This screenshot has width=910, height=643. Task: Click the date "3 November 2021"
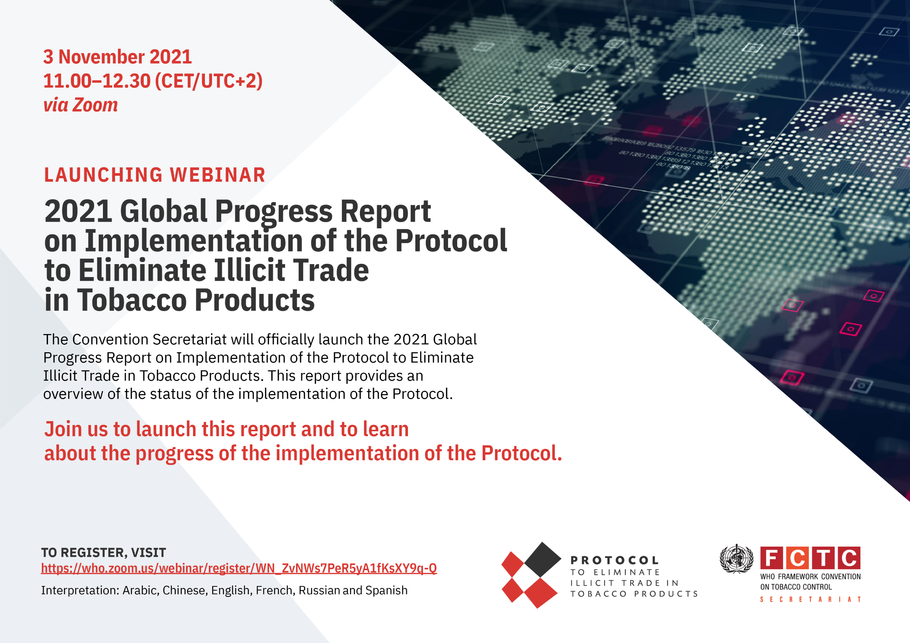coord(117,57)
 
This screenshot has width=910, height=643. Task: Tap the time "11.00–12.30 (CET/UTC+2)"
coord(153,81)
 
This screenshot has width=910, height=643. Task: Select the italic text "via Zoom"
coord(80,105)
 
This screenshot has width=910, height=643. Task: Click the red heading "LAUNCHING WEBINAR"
coord(155,175)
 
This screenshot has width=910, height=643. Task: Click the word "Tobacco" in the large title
coord(131,300)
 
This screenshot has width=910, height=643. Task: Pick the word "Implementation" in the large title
coord(194,241)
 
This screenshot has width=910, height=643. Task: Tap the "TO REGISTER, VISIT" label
coord(104,552)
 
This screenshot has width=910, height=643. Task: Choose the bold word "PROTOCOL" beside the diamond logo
coord(615,560)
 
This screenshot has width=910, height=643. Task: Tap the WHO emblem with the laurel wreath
coord(736,559)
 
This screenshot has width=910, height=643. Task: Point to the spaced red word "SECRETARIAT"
coord(811,599)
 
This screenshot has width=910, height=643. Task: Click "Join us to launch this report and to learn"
coord(226,429)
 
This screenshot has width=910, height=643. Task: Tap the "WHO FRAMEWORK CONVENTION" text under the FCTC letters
coord(810,577)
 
